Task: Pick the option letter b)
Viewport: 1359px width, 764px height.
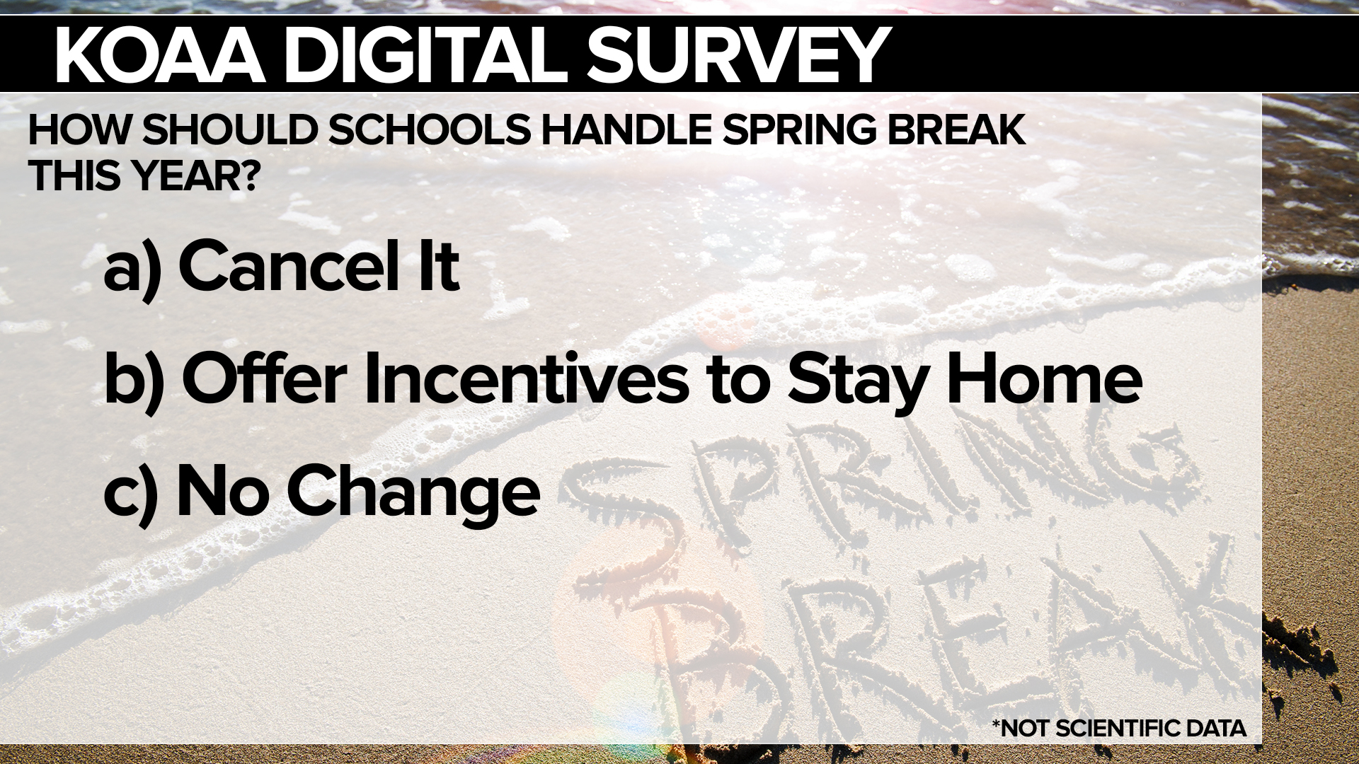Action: pyautogui.click(x=134, y=379)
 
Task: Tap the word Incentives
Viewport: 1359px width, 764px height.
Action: pyautogui.click(x=527, y=379)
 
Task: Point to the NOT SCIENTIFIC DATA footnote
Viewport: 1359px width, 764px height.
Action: pyautogui.click(x=1119, y=728)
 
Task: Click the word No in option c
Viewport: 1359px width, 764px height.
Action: pyautogui.click(x=219, y=491)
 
